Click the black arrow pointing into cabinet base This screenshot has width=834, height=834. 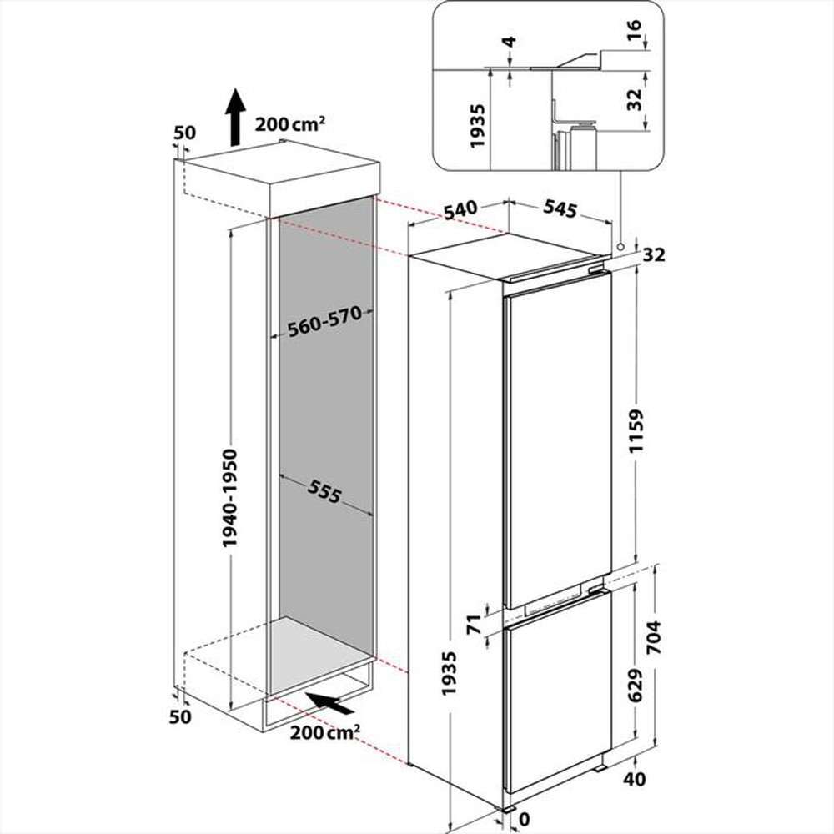[x=329, y=702]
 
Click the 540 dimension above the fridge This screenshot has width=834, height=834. [x=460, y=209]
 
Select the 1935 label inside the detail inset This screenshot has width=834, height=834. [x=478, y=127]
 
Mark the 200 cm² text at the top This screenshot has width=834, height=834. [x=289, y=123]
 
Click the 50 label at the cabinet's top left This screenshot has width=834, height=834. [x=184, y=133]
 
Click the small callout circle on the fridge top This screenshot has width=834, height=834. [x=621, y=246]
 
